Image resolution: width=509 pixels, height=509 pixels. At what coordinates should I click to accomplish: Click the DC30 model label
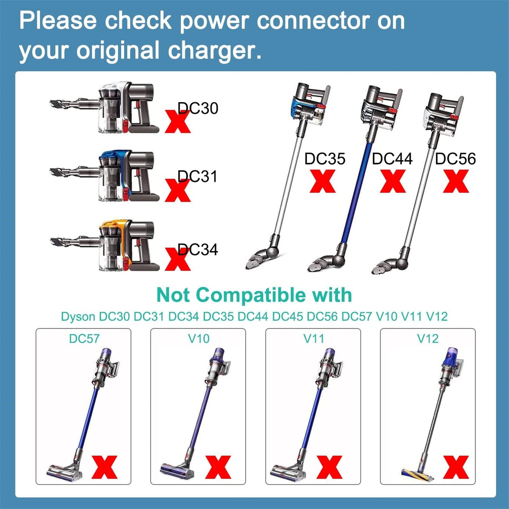click(x=198, y=108)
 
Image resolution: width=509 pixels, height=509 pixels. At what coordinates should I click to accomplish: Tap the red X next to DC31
click(x=178, y=191)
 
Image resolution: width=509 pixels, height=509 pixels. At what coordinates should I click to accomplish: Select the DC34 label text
click(x=198, y=250)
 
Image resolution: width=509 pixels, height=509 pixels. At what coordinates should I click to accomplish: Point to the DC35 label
click(x=324, y=159)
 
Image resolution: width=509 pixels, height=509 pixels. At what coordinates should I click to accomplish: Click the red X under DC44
click(x=393, y=181)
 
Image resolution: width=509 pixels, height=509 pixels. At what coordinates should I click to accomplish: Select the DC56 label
click(x=455, y=159)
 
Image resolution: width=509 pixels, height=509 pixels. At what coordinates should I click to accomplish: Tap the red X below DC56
click(x=456, y=181)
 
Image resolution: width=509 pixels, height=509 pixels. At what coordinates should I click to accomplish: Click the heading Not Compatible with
click(x=254, y=295)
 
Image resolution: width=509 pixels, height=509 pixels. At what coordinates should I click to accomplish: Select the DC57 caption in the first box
click(x=84, y=339)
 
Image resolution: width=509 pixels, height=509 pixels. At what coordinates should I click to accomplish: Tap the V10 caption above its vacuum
click(x=199, y=339)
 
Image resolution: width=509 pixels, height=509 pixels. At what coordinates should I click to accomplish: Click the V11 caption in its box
click(x=314, y=339)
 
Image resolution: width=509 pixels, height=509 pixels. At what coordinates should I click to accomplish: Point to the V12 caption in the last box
click(x=428, y=339)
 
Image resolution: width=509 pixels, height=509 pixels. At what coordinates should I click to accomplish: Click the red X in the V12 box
click(x=456, y=467)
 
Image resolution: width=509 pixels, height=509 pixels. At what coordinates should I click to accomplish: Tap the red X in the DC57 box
click(x=104, y=467)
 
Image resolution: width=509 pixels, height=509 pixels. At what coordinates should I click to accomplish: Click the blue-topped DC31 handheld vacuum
click(x=106, y=176)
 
